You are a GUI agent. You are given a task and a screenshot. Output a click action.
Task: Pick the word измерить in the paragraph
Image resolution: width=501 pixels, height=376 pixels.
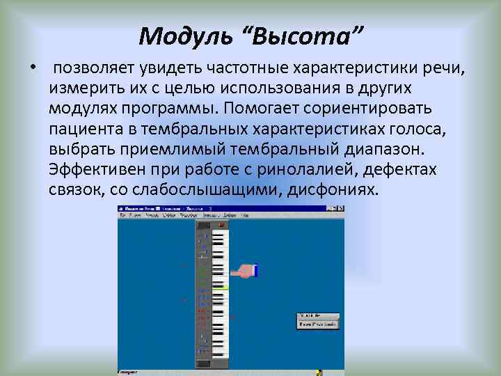pos(84,90)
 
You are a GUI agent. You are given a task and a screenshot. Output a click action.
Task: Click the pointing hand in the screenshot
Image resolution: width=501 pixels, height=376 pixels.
pos(244,271)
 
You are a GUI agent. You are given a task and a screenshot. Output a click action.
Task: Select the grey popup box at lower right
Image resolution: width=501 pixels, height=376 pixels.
pos(318,320)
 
